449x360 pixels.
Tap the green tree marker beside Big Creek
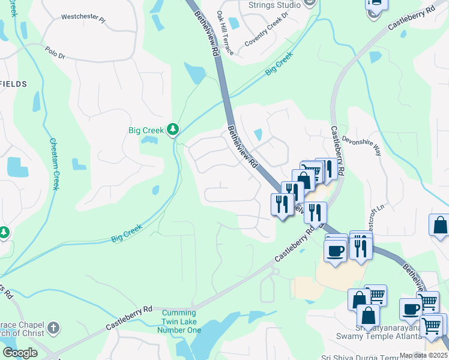tap(173, 130)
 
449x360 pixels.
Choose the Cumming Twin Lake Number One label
tap(179, 321)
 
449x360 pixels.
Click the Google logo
tap(19, 353)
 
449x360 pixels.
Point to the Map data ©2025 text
tap(423, 355)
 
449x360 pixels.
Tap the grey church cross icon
tap(53, 328)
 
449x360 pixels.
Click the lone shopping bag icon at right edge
tap(439, 226)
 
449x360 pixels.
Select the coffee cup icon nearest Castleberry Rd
tap(335, 250)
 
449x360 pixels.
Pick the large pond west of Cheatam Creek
tap(16, 167)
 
